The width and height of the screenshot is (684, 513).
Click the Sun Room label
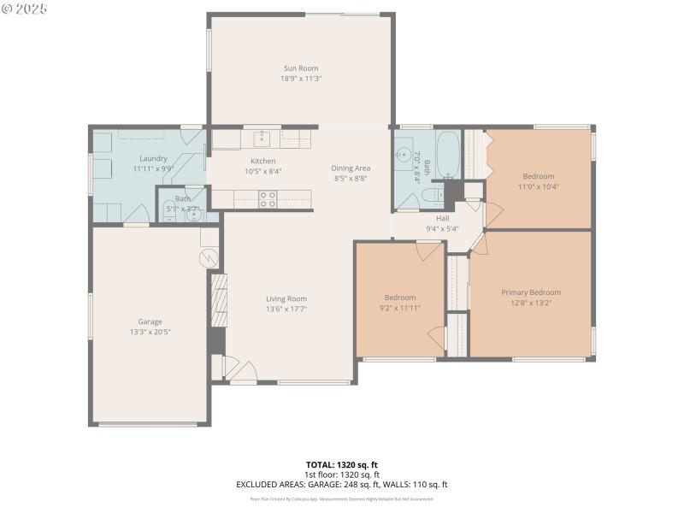point(300,68)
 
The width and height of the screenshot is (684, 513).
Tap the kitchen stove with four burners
point(268,198)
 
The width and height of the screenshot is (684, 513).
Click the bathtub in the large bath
point(448,153)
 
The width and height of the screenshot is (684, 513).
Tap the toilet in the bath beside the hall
point(433,196)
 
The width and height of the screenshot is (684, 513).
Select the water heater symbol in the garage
point(207,256)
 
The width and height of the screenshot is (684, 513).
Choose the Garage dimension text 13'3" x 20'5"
point(150,332)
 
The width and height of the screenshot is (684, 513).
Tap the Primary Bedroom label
point(530,292)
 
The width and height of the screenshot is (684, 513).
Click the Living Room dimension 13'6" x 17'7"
point(286,309)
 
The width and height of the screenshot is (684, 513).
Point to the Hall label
point(442,219)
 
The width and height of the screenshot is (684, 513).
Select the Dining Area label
point(351,168)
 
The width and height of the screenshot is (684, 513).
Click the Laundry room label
point(154,159)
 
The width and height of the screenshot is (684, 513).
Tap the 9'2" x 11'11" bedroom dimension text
point(399,308)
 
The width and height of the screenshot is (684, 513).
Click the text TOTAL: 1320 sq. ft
point(341,464)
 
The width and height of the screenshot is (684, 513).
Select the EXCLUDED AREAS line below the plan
point(341,485)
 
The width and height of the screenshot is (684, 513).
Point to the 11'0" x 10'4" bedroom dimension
point(538,186)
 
